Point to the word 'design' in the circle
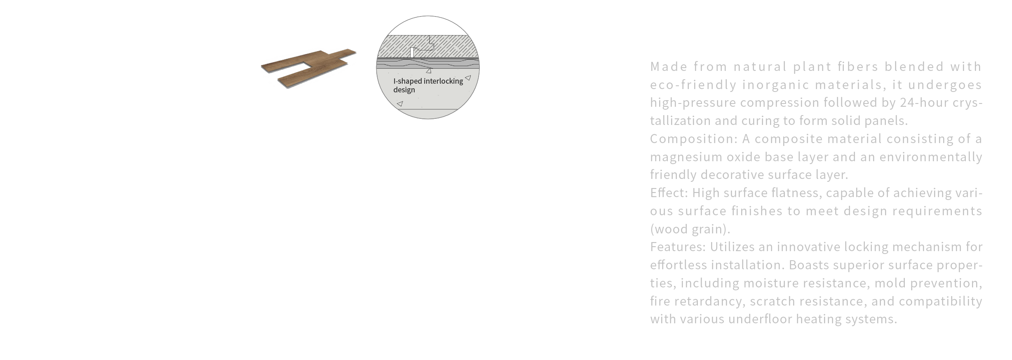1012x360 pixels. tap(404, 90)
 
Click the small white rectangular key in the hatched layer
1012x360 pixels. tap(412, 52)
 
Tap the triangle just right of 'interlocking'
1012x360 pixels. tap(468, 78)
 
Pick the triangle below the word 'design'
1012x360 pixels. tap(399, 104)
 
